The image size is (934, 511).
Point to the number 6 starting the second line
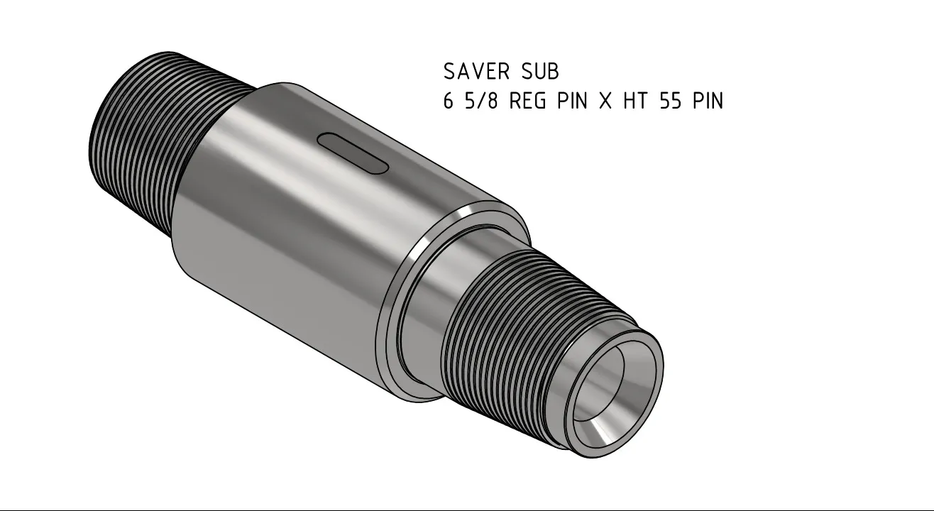[449, 101]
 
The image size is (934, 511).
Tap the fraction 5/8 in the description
[482, 101]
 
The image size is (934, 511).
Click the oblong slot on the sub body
[353, 153]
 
